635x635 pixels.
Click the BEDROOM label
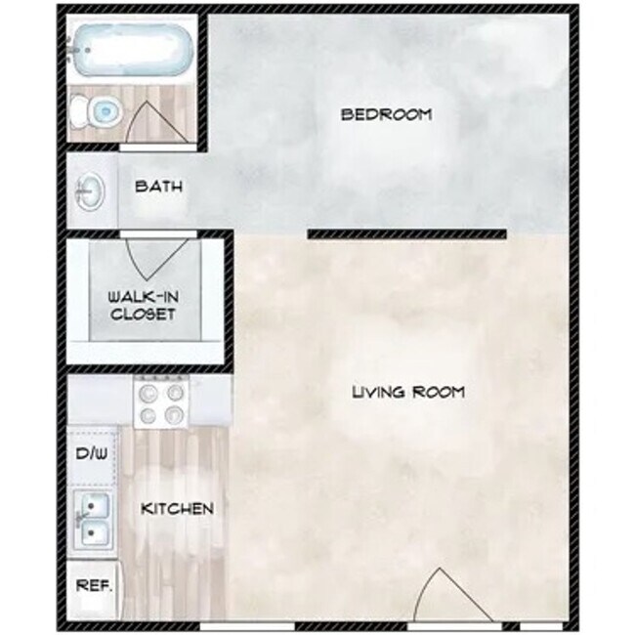[x=386, y=114]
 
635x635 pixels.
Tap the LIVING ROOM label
[x=407, y=393]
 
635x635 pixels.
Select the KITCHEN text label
[x=177, y=509]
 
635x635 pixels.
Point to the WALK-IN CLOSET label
[x=143, y=306]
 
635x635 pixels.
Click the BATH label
[x=157, y=186]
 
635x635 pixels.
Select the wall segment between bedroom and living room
[x=406, y=233]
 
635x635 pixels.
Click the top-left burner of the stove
[x=148, y=394]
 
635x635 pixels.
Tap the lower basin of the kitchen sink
[x=95, y=533]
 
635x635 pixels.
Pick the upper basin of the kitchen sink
[x=95, y=506]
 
